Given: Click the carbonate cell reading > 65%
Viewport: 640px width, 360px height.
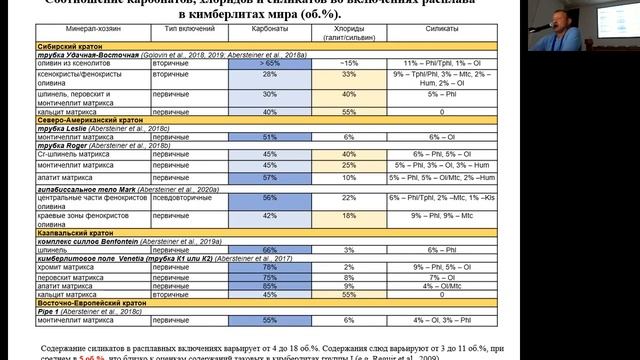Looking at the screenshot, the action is pyautogui.click(x=269, y=63).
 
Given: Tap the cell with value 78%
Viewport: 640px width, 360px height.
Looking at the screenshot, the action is pyautogui.click(x=269, y=267).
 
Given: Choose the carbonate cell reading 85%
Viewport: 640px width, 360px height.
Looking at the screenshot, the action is pyautogui.click(x=269, y=285).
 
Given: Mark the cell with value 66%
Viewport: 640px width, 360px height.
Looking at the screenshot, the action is pyautogui.click(x=269, y=250).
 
